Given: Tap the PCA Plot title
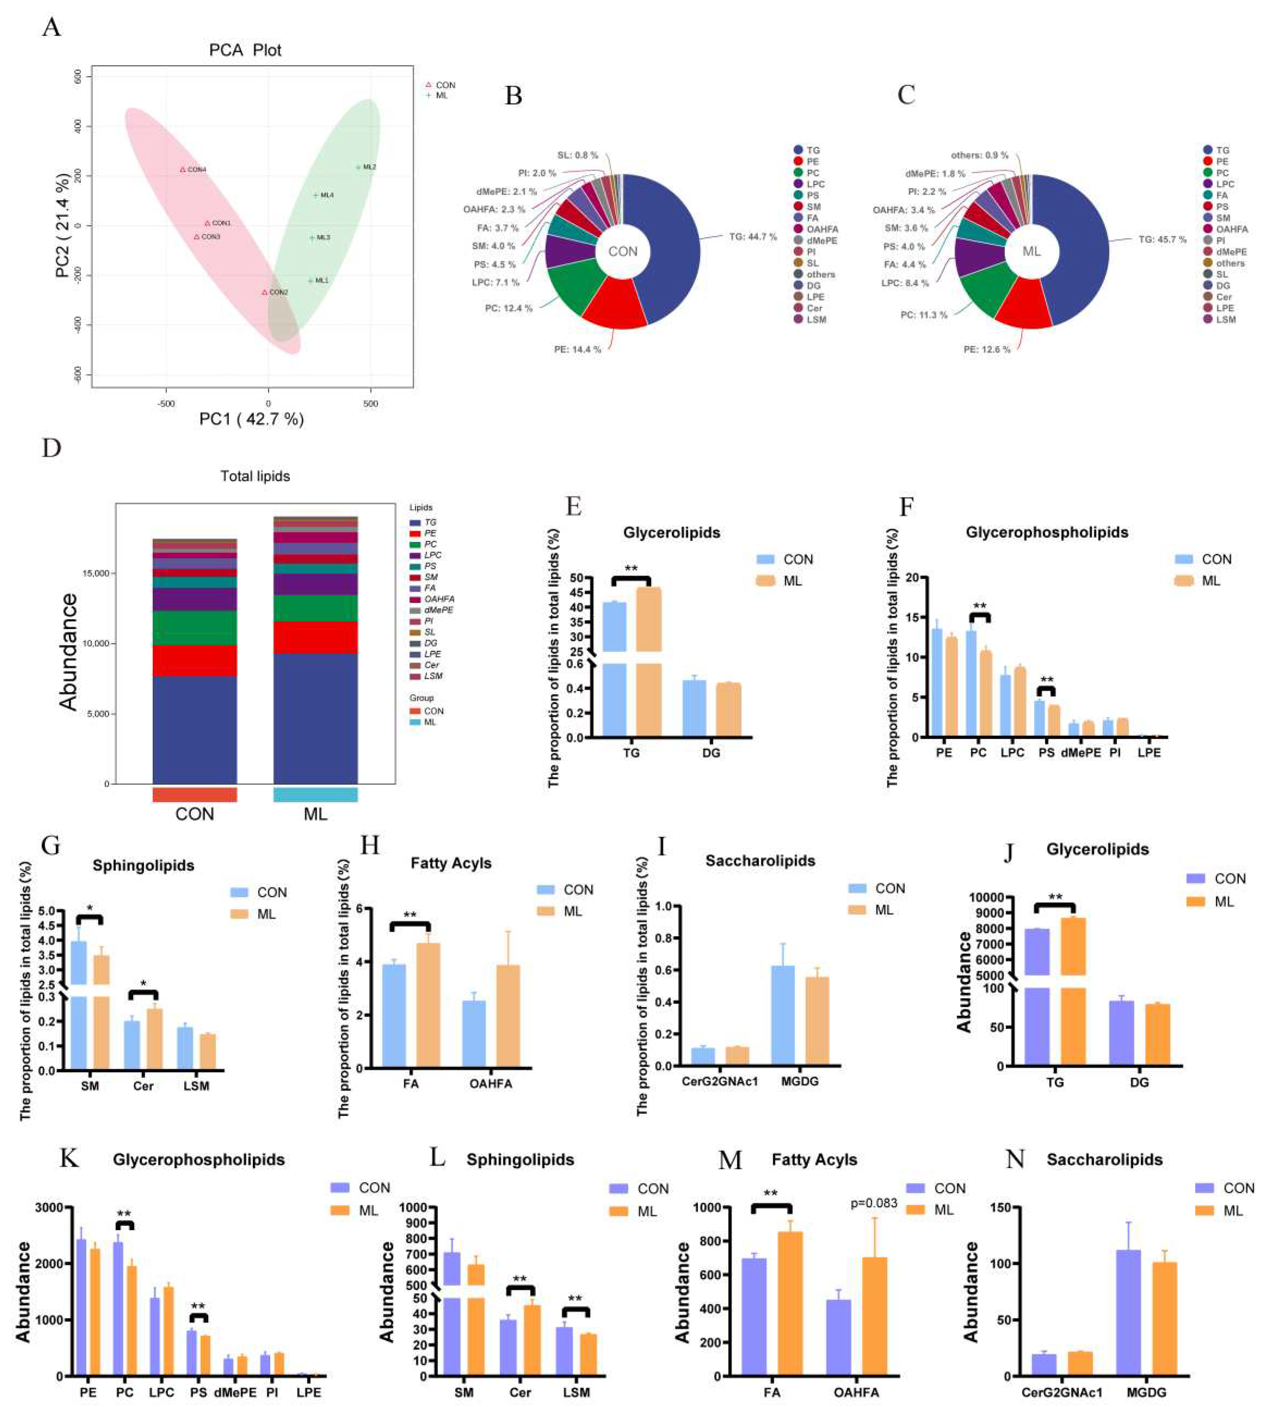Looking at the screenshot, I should pos(246,50).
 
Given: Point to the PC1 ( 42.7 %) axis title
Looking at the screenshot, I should pos(252,419).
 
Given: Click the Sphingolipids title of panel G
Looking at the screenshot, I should pos(143,865).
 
